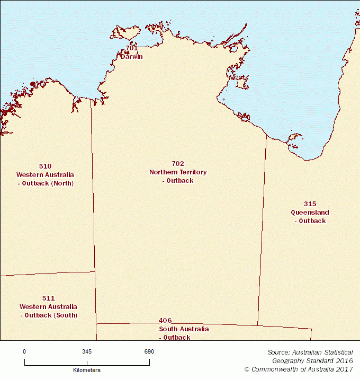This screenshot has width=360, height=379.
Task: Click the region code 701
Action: click(131, 48)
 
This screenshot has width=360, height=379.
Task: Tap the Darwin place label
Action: click(132, 57)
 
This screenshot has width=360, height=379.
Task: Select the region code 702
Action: click(178, 164)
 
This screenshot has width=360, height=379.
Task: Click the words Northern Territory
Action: click(178, 172)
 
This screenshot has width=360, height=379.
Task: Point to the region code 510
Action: click(46, 166)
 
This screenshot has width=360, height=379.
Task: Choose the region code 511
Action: click(48, 298)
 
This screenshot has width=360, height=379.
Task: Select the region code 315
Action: click(310, 204)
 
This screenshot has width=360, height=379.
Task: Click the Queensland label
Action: click(310, 213)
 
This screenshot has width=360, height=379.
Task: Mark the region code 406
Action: click(165, 321)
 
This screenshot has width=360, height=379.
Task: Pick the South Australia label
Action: click(184, 329)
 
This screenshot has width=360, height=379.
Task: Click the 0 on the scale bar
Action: click(24, 351)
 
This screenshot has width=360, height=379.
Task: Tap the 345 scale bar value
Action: click(87, 351)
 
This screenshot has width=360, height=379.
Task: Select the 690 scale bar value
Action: click(149, 351)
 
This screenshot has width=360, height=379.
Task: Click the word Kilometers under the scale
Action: click(87, 370)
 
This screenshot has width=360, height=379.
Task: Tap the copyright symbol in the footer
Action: click(247, 369)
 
